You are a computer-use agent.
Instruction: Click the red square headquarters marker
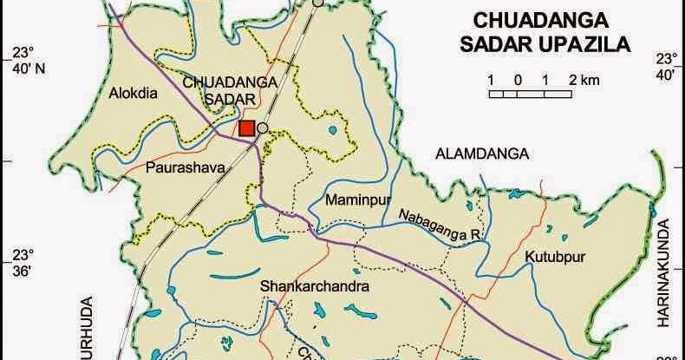pyautogui.click(x=246, y=128)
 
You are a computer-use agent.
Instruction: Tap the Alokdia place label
pyautogui.click(x=134, y=95)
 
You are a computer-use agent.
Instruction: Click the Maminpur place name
pyautogui.click(x=354, y=200)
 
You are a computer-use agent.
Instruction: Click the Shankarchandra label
pyautogui.click(x=314, y=286)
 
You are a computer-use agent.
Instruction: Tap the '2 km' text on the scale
pyautogui.click(x=584, y=80)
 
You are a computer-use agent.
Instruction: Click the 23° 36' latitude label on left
pyautogui.click(x=21, y=263)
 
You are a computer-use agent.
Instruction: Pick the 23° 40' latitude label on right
pyautogui.click(x=665, y=67)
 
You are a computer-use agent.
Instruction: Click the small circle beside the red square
pyautogui.click(x=262, y=128)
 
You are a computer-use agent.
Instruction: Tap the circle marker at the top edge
pyautogui.click(x=319, y=3)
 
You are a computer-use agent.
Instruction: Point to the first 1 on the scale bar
pyautogui.click(x=491, y=80)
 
